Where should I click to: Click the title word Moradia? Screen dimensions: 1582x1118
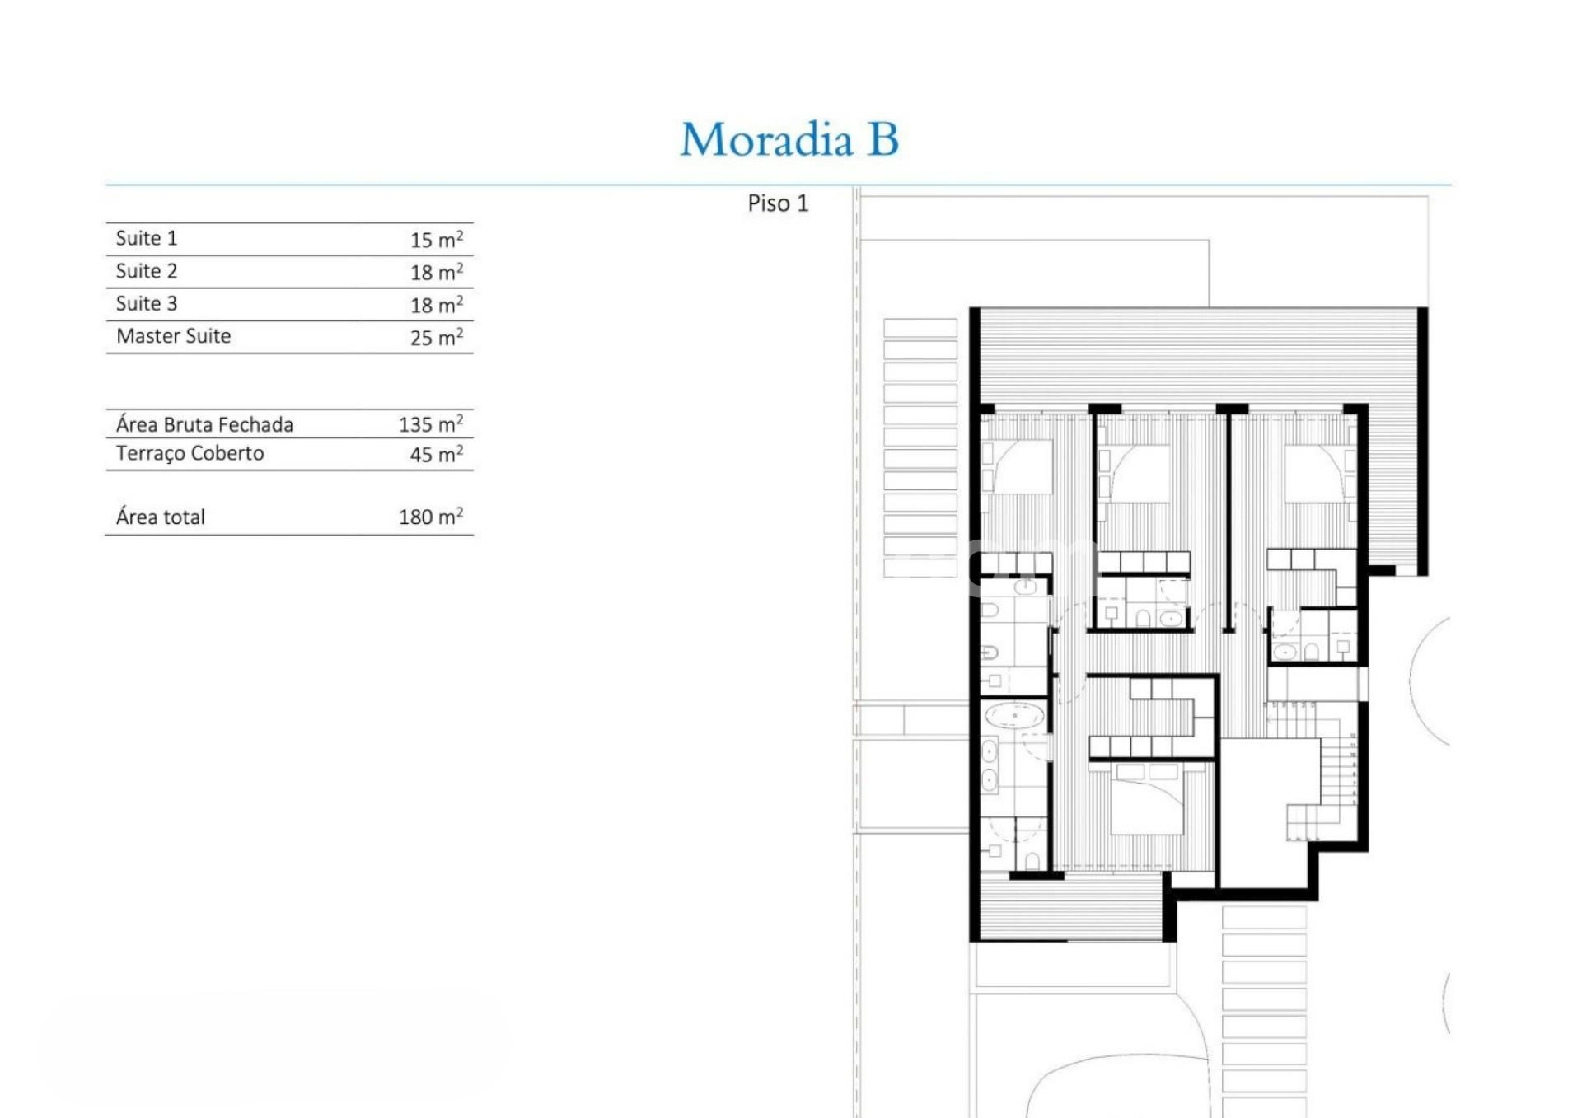click(766, 139)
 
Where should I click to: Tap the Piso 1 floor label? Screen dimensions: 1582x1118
click(778, 203)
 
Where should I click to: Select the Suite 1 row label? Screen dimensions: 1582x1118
click(147, 238)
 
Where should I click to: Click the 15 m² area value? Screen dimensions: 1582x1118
click(437, 239)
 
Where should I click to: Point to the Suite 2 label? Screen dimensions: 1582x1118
click(147, 271)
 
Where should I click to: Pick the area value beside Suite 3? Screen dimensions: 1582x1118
click(437, 304)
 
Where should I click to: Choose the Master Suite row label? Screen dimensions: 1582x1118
click(174, 336)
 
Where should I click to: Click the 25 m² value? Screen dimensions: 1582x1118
click(437, 337)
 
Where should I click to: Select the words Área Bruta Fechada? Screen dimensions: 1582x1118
click(204, 424)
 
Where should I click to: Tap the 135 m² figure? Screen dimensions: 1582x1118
click(431, 424)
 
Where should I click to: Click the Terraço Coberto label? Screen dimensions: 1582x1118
click(190, 454)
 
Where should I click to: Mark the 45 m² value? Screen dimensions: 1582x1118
click(437, 454)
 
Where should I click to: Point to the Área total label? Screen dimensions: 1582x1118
click(161, 517)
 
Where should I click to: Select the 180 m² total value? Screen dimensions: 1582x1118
click(431, 517)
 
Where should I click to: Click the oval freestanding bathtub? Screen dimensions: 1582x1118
click(1014, 715)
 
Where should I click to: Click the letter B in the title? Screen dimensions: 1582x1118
click(882, 139)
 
